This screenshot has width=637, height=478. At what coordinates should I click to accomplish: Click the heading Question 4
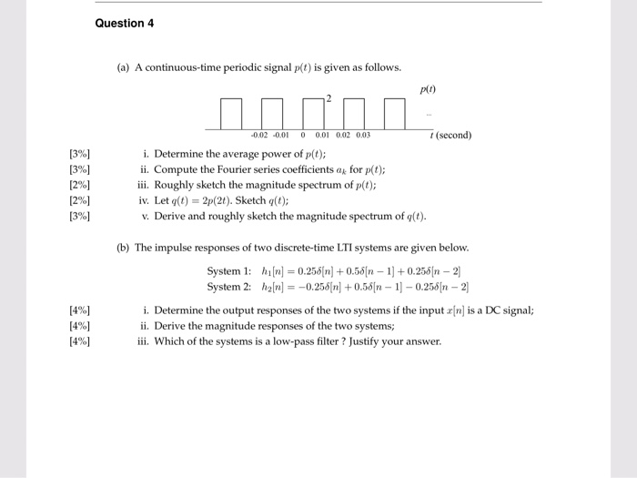(x=125, y=23)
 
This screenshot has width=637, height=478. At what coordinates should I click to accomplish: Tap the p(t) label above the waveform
(x=429, y=90)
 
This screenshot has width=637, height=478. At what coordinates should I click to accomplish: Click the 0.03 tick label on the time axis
(x=362, y=136)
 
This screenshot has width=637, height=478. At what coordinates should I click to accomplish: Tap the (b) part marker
(x=124, y=247)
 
